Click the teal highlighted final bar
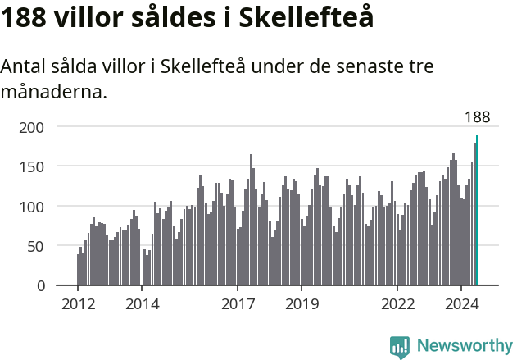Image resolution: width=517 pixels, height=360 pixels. click(x=477, y=211)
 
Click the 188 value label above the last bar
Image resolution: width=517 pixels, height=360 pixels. click(x=477, y=117)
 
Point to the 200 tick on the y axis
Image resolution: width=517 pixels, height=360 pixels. click(x=31, y=127)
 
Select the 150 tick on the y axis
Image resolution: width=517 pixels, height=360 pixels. click(x=31, y=166)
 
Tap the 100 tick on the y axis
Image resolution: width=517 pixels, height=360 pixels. click(x=31, y=207)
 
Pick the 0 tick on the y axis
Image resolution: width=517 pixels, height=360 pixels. click(x=39, y=286)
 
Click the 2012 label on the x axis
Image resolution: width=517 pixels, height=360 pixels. click(x=78, y=305)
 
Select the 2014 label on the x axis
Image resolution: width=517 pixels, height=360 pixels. click(x=142, y=305)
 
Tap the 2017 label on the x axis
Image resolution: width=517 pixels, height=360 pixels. click(x=238, y=305)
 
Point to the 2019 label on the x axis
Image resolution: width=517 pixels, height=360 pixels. click(x=302, y=305)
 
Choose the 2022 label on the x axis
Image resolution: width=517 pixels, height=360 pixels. click(x=397, y=305)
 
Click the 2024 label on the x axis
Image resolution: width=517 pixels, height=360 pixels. click(x=461, y=305)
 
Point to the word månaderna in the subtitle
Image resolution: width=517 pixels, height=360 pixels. click(x=52, y=92)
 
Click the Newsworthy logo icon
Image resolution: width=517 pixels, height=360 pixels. click(x=399, y=346)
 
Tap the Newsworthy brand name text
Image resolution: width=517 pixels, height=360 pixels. click(x=464, y=346)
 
